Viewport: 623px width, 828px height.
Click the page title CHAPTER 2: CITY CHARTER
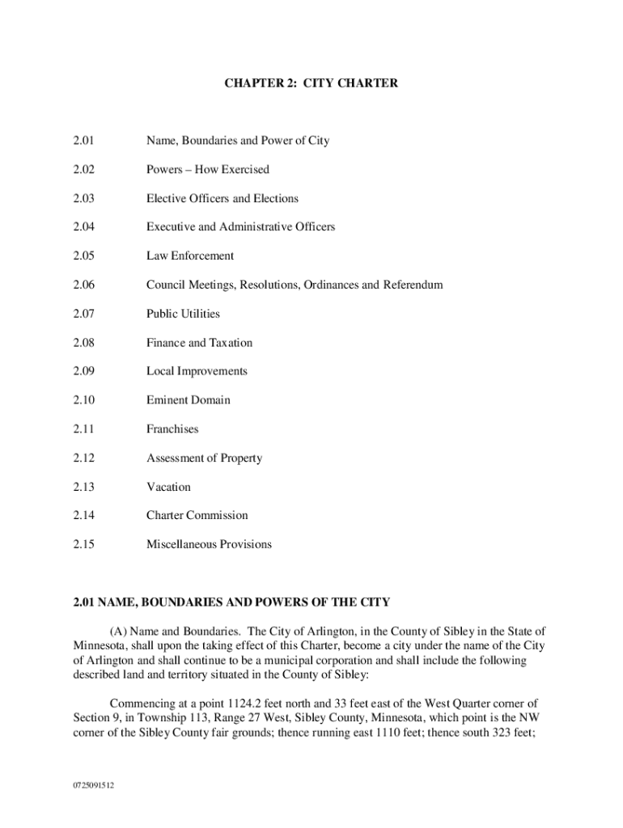pos(311,82)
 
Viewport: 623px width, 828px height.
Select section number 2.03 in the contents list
pos(83,199)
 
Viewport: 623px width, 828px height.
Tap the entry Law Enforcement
pos(190,256)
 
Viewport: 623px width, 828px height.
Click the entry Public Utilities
pos(183,314)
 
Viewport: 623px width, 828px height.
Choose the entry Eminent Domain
pos(188,400)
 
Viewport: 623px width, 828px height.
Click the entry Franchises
pos(172,429)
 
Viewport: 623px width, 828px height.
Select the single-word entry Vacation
pos(168,487)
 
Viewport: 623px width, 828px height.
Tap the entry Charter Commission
pos(197,516)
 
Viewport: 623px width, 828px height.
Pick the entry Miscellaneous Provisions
pos(209,544)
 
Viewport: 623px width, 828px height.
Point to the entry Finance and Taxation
pos(199,343)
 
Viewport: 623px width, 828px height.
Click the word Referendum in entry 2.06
pos(413,285)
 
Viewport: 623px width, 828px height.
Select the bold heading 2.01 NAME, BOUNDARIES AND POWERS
pos(231,602)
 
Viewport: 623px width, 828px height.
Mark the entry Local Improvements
pos(197,371)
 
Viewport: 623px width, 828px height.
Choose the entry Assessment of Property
pos(204,458)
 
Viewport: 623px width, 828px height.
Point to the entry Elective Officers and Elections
pos(222,199)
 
